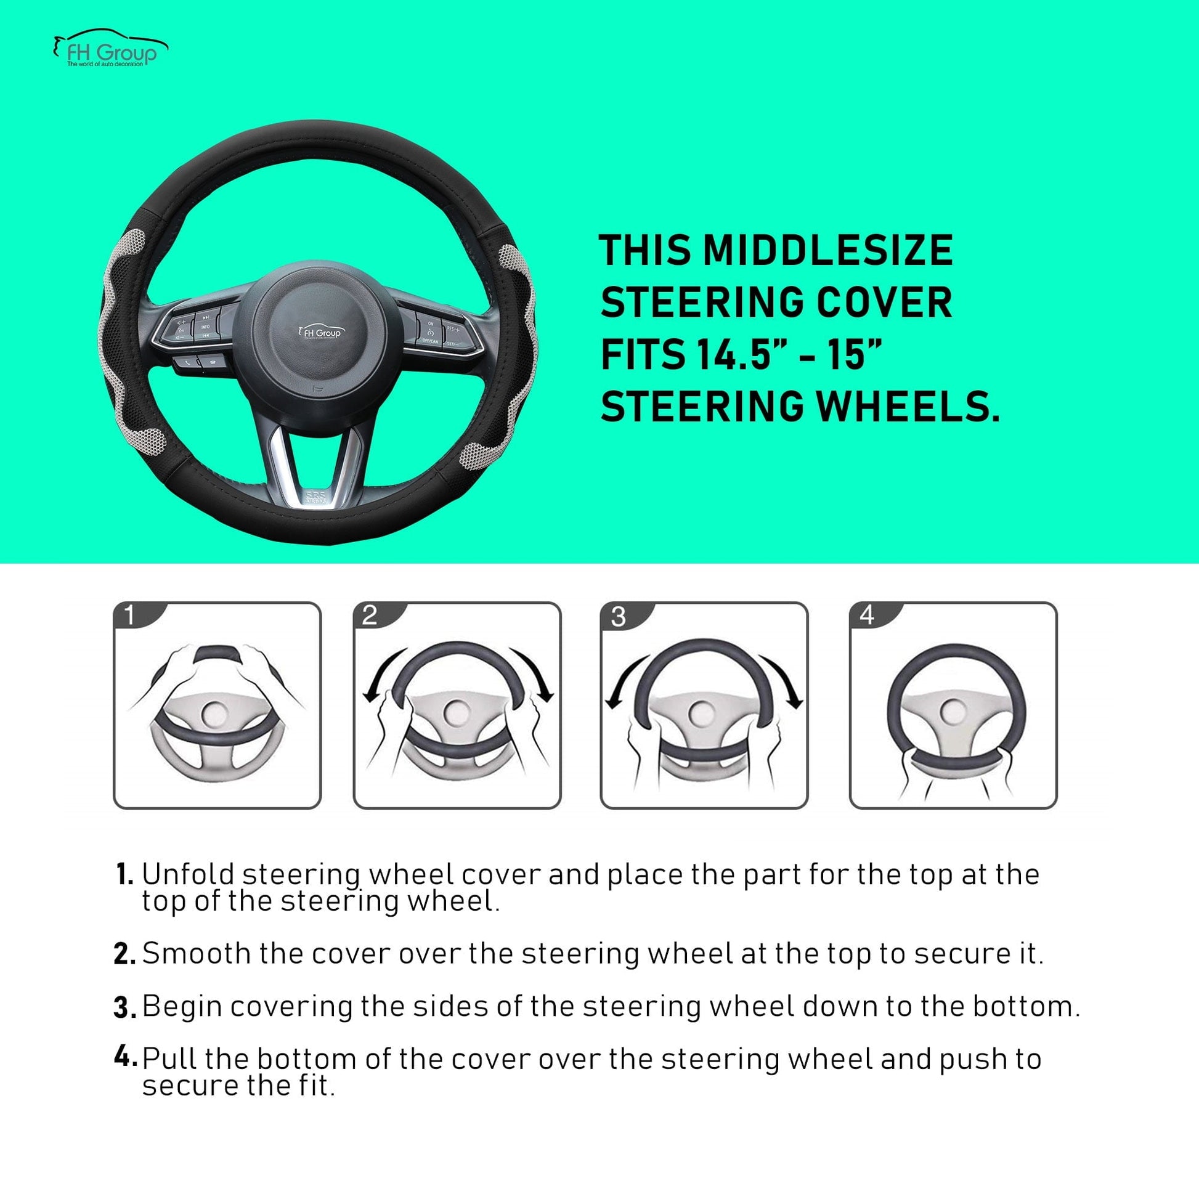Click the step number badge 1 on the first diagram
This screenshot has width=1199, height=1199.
click(129, 616)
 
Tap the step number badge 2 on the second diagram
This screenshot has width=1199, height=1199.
click(369, 616)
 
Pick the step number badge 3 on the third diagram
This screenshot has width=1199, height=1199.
click(618, 617)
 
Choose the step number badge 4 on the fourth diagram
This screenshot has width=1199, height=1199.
click(866, 616)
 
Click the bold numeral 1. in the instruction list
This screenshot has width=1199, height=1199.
click(124, 874)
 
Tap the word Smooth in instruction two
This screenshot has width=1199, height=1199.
click(195, 954)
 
